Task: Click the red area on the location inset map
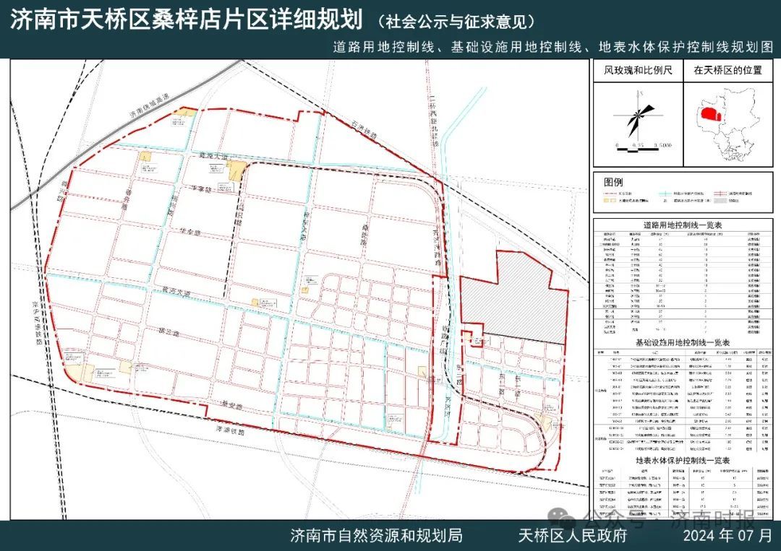pos(710,115)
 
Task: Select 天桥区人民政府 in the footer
pos(572,536)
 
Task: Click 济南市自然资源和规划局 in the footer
pos(376,536)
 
